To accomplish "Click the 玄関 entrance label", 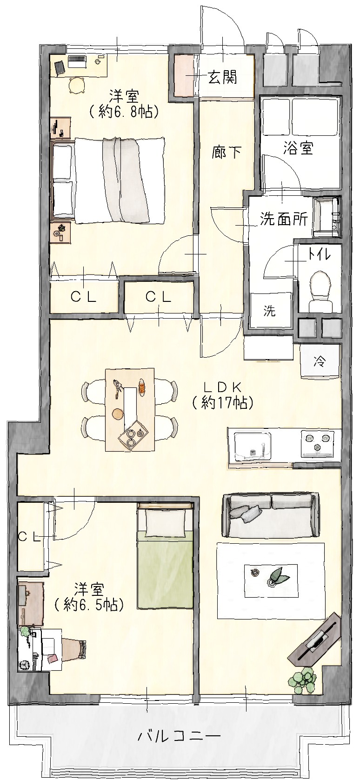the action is click(x=223, y=77).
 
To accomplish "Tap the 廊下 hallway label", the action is click(x=227, y=152).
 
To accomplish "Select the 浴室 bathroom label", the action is click(x=298, y=148).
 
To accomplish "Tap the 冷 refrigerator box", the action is click(x=320, y=361).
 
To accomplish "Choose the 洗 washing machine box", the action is click(x=271, y=310).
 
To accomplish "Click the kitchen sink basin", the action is click(x=253, y=447).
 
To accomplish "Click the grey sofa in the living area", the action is click(x=271, y=516).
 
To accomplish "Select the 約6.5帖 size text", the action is click(x=89, y=606).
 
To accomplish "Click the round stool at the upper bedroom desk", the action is click(x=77, y=85).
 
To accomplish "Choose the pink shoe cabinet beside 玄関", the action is click(x=183, y=75).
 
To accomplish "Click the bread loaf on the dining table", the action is click(x=141, y=387).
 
